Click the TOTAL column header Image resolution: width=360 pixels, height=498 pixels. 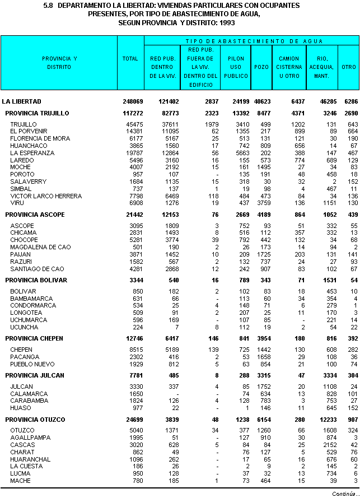pyautogui.click(x=130, y=59)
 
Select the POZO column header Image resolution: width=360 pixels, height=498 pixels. pyautogui.click(x=260, y=67)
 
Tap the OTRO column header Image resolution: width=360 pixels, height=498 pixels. pyautogui.click(x=349, y=67)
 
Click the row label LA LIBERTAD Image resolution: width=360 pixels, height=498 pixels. pyautogui.click(x=21, y=102)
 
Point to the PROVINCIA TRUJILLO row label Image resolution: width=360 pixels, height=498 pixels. pyautogui.click(x=36, y=113)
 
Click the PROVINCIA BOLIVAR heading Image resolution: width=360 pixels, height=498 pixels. pyautogui.click(x=36, y=280)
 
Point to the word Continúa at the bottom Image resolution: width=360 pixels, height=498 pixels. pyautogui.click(x=343, y=494)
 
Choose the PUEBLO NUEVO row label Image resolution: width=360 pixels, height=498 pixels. pyautogui.click(x=32, y=364)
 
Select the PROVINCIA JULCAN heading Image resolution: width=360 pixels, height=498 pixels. pyautogui.click(x=35, y=375)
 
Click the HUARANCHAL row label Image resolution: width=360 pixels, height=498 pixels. pyautogui.click(x=30, y=459)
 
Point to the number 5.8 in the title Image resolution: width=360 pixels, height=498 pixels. pyautogui.click(x=48, y=5)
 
